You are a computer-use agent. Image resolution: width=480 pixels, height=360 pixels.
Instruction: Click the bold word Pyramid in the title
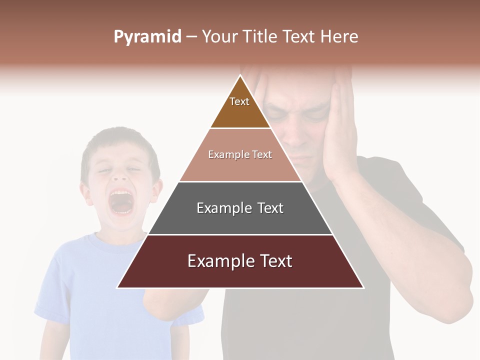click(147, 37)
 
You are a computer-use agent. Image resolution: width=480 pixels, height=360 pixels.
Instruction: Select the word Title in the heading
click(261, 37)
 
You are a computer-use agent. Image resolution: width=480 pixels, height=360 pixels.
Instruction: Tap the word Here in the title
click(339, 37)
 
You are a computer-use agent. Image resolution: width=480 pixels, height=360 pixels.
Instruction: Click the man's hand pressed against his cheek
click(340, 130)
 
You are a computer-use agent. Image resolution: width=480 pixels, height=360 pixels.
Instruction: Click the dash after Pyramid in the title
click(191, 37)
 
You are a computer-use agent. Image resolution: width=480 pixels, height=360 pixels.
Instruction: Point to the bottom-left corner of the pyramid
click(117, 287)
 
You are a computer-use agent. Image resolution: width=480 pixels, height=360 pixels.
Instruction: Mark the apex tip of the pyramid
click(240, 75)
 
